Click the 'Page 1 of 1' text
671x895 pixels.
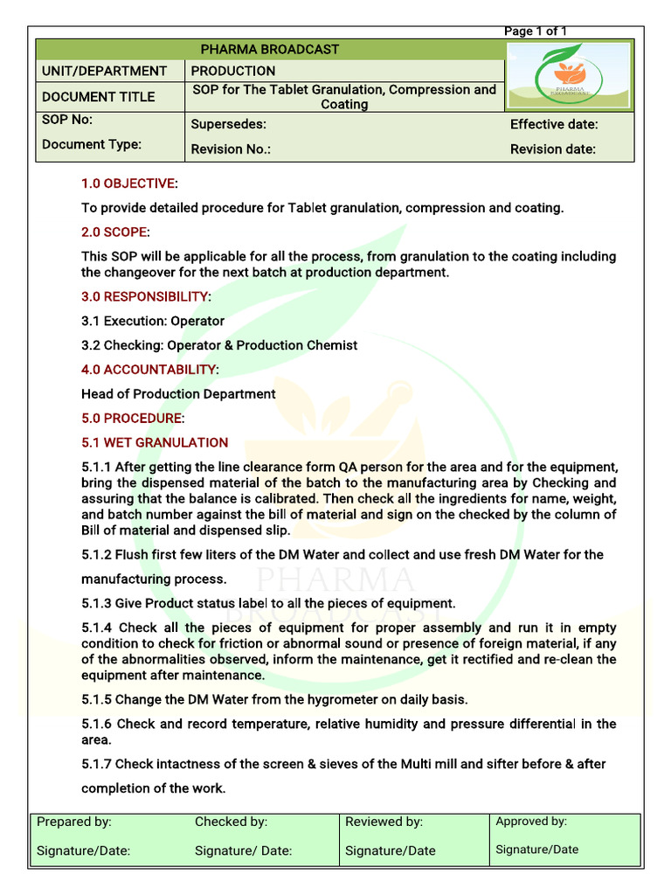point(535,31)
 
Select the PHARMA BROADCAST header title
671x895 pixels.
point(270,49)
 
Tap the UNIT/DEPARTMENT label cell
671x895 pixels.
point(104,71)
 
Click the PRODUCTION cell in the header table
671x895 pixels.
point(232,71)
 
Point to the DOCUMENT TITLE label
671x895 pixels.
point(98,96)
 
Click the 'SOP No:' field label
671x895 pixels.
point(67,120)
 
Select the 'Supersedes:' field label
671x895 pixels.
point(228,125)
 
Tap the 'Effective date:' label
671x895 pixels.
point(554,125)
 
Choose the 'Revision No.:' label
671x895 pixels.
point(231,149)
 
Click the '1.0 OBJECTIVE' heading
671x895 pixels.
point(128,184)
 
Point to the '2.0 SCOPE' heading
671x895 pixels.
point(114,232)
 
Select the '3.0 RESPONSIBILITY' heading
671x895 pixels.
point(145,296)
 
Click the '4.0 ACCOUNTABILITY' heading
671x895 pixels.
point(149,370)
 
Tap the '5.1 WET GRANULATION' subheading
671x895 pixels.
point(155,442)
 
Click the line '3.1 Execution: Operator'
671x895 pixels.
point(153,321)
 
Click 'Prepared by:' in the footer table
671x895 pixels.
point(74,822)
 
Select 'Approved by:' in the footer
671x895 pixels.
point(531,822)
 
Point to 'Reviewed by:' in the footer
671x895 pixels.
point(384,822)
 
